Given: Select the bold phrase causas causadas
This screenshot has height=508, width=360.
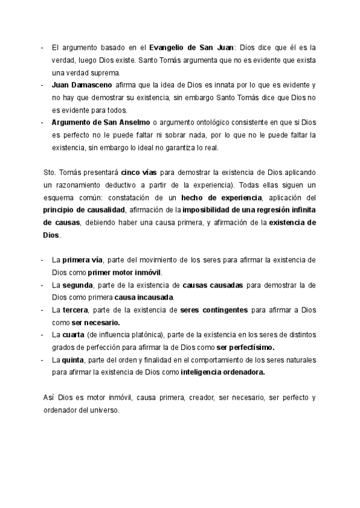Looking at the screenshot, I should (x=212, y=285).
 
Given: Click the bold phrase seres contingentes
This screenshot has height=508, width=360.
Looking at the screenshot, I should (x=214, y=310).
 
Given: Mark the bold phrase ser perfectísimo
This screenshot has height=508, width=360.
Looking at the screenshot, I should (x=245, y=347).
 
